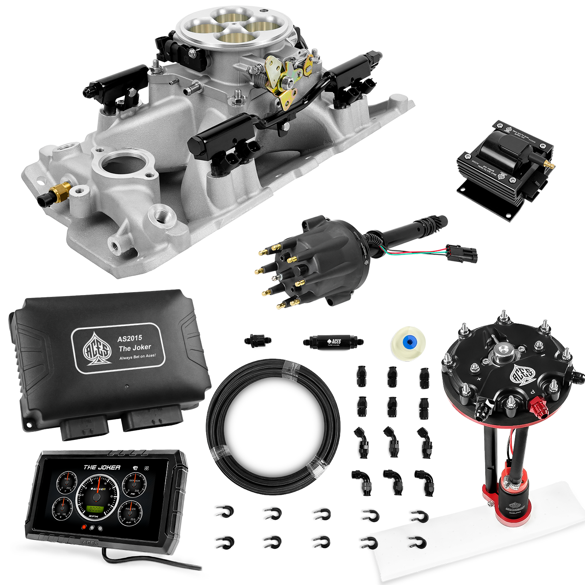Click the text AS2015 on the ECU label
pyautogui.click(x=129, y=338)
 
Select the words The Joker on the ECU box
pyautogui.click(x=135, y=347)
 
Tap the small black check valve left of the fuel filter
pyautogui.click(x=258, y=340)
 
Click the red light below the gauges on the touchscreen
pyautogui.click(x=84, y=527)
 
